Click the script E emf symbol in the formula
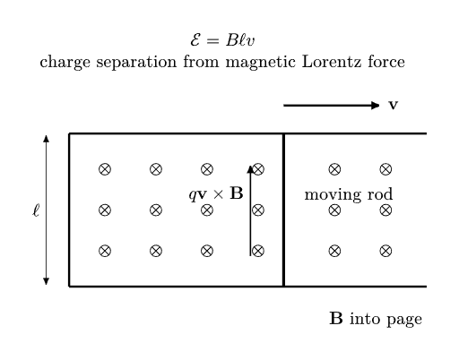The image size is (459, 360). (195, 40)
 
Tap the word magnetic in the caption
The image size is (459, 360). (261, 63)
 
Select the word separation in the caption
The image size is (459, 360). (136, 63)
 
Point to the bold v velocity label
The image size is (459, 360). (393, 105)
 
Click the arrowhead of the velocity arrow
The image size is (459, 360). (376, 105)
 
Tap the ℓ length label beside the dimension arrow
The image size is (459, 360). (36, 210)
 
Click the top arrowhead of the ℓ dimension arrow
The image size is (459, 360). (46, 139)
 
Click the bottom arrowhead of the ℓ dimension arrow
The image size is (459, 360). (46, 281)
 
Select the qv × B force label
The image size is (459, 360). (216, 193)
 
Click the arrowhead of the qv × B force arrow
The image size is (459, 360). (250, 169)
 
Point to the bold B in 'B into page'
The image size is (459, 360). (336, 318)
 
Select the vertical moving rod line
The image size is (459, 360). (283, 210)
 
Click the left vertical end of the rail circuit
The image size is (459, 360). (69, 210)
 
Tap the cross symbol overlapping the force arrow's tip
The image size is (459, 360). (258, 169)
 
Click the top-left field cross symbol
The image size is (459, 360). (105, 169)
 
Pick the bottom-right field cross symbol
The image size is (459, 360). (385, 251)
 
